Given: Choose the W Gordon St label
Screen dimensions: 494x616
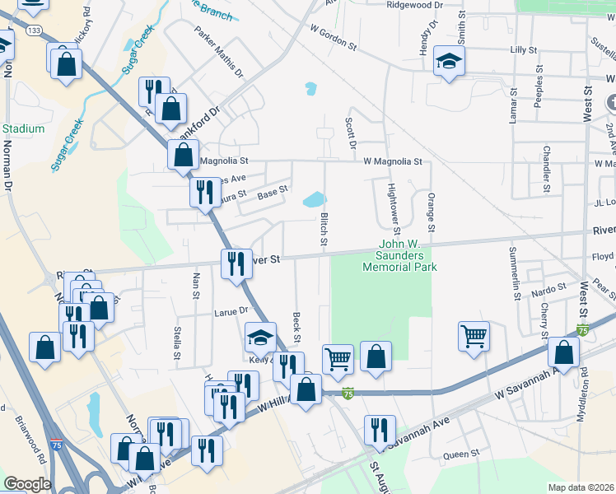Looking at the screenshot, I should point(334,38).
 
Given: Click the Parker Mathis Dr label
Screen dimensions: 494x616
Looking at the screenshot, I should point(219,51).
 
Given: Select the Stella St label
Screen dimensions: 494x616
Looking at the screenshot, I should point(177,343).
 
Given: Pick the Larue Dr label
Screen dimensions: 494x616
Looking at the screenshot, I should point(231,311).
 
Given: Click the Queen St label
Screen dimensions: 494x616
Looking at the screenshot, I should point(461,454).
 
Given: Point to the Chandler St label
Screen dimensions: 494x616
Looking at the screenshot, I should point(546,167).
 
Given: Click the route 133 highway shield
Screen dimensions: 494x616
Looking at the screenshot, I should point(35,30).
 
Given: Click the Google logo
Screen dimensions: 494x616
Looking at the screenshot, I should point(27,483).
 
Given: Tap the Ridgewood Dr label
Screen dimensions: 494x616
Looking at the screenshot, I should point(416,5).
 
